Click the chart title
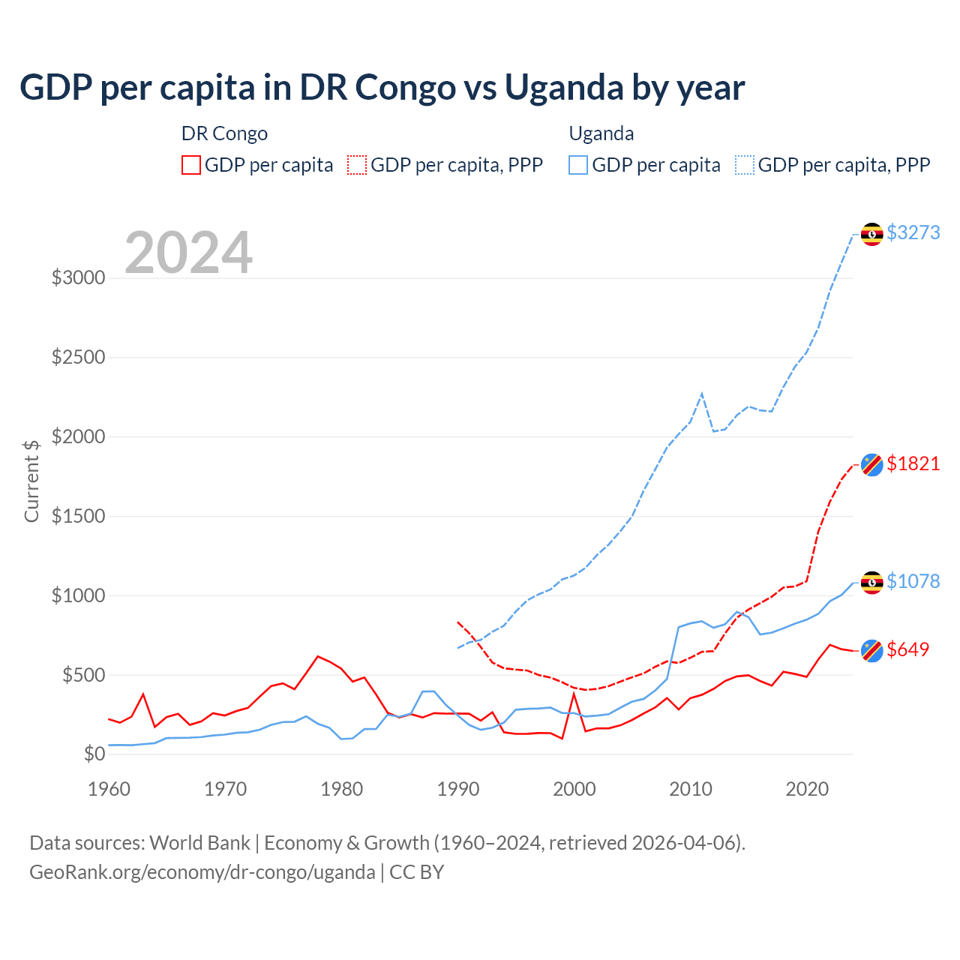(382, 87)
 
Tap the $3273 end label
(913, 232)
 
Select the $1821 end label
(913, 463)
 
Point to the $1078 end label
(913, 581)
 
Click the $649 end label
(907, 649)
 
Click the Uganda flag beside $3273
(871, 234)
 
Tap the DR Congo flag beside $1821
(871, 465)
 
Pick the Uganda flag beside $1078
(871, 583)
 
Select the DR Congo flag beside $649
(871, 651)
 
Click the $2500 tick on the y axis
(78, 357)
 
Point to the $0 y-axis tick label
(94, 754)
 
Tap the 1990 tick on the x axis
(458, 789)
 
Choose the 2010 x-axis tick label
(691, 789)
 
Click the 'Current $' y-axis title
(31, 481)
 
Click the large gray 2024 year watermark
(188, 253)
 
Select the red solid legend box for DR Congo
(191, 165)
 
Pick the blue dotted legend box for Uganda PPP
(745, 165)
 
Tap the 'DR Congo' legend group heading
(224, 133)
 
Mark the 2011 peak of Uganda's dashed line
(702, 393)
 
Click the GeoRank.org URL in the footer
(202, 872)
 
